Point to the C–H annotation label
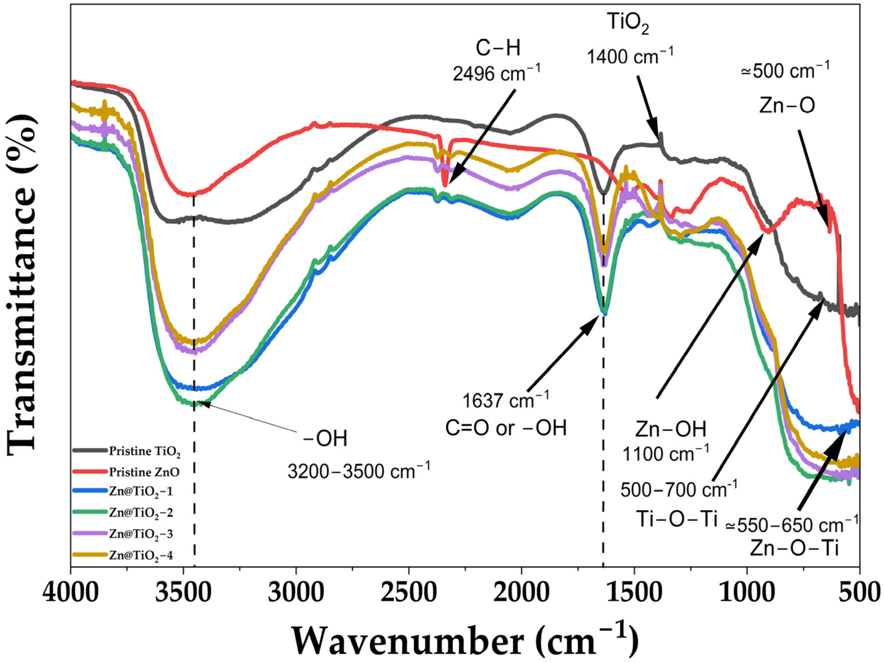click(x=498, y=49)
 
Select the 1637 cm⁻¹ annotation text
click(x=506, y=400)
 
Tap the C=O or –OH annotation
click(x=506, y=428)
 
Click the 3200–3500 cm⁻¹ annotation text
click(x=359, y=471)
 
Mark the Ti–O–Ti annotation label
click(x=677, y=519)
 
